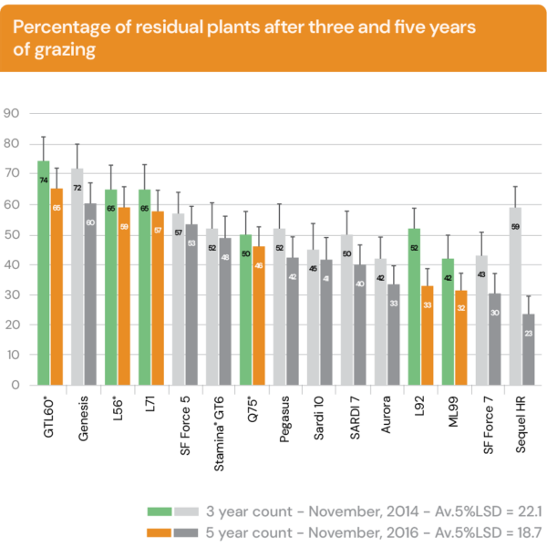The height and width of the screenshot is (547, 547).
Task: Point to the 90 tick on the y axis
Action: [12, 114]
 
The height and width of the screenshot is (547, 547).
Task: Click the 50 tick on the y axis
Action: [12, 234]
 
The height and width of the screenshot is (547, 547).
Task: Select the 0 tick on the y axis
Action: [15, 385]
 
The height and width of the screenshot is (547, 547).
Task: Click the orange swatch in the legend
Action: [160, 531]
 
